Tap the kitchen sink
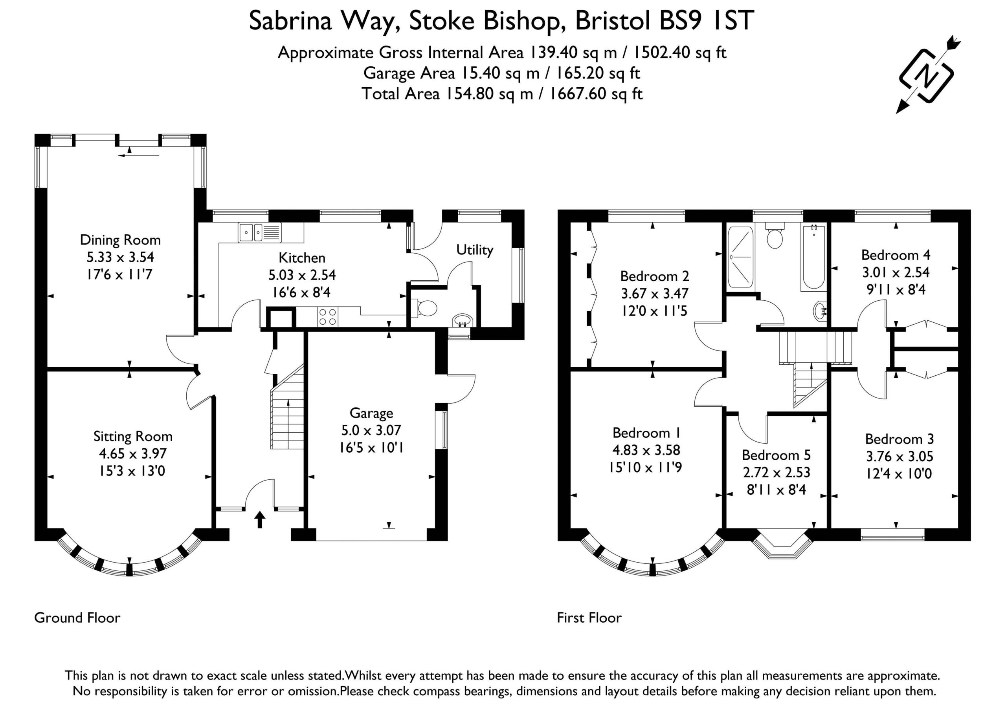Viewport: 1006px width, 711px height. [260, 232]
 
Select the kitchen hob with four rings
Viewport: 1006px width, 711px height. [328, 316]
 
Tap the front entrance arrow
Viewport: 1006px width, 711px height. [260, 519]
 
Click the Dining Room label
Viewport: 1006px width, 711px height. [121, 240]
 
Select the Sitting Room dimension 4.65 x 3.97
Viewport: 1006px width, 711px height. [133, 453]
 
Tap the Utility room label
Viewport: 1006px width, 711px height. [475, 250]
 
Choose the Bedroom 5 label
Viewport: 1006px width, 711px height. [777, 455]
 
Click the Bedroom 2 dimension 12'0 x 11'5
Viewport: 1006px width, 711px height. [654, 311]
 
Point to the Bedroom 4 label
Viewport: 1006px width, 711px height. [896, 255]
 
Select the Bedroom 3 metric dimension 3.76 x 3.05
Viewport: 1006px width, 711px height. [900, 456]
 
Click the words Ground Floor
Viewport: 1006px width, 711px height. [77, 618]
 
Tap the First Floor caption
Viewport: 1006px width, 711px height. [589, 618]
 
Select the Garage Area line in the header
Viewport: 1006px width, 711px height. [502, 73]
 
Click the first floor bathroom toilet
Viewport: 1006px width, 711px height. [775, 236]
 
